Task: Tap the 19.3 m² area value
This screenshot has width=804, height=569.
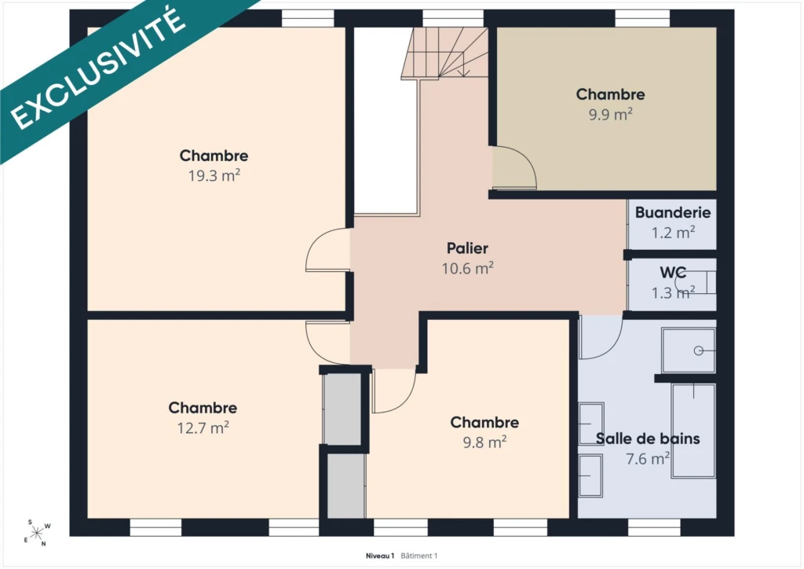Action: (214, 176)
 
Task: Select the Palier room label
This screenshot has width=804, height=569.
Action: (467, 248)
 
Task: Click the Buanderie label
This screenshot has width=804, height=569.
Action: (673, 212)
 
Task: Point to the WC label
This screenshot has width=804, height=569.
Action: (673, 273)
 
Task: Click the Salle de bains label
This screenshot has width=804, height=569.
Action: (648, 439)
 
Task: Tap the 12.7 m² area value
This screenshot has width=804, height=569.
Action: (203, 428)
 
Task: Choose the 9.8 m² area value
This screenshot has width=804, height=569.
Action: (484, 442)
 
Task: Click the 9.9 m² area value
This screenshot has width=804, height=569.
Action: (610, 114)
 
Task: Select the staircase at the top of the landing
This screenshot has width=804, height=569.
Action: (444, 53)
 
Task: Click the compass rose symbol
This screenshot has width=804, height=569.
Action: (37, 533)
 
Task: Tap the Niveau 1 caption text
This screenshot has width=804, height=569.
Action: (380, 556)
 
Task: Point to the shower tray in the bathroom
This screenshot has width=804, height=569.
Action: (688, 351)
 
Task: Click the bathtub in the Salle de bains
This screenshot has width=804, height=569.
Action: (693, 431)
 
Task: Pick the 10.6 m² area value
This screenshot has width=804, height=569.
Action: (468, 268)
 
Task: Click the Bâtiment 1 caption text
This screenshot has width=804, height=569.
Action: (419, 556)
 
